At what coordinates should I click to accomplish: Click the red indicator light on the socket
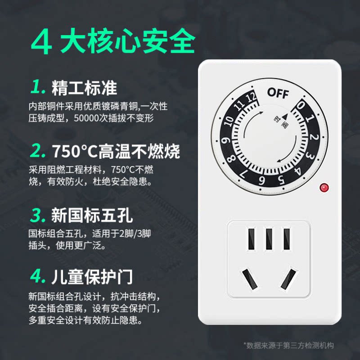point(324,188)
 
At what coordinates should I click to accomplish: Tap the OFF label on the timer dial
point(278,93)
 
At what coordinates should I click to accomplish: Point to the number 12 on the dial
point(251,97)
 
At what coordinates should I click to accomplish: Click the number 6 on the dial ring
point(261,181)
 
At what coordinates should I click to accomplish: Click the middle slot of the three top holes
point(269,239)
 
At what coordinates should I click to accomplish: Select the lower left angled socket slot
point(249,279)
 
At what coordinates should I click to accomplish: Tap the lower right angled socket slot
point(288,279)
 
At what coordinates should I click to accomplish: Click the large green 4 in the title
point(41,42)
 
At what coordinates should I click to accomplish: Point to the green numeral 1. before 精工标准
point(38,86)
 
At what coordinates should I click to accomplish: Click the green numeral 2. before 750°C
point(37,150)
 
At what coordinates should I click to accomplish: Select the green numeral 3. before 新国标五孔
point(38,215)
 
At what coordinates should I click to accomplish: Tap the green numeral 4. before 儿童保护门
point(38,276)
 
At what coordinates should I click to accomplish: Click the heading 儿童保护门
point(92,277)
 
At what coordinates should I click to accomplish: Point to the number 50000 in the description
point(86,118)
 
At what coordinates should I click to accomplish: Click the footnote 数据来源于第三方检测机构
point(290,345)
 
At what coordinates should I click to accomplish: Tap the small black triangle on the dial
point(285,117)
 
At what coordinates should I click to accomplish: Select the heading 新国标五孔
point(92,215)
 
